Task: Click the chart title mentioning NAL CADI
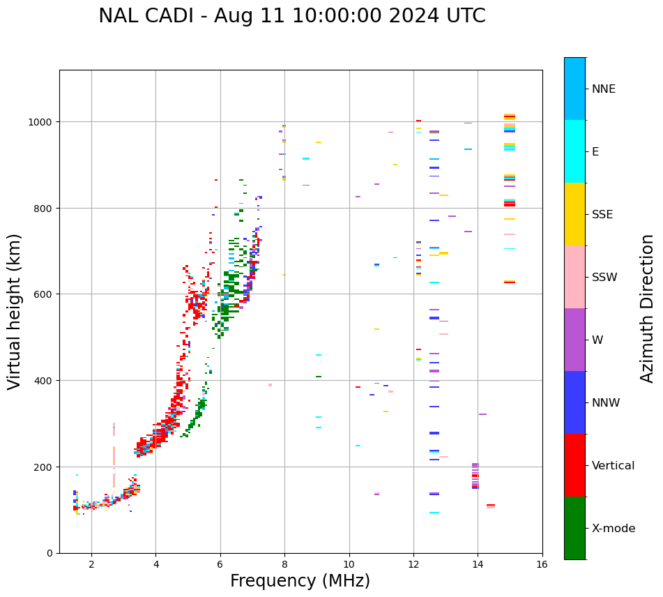coord(291,16)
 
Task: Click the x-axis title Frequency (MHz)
coord(300,581)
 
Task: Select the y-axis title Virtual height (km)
coord(15,311)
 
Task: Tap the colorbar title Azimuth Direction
coord(647,308)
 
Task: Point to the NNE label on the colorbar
coord(604,89)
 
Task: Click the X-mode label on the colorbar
coord(614,529)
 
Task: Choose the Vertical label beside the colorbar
coord(614,466)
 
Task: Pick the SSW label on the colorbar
coord(604,278)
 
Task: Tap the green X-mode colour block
coord(574,528)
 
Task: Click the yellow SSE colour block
coord(574,214)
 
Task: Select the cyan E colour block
coord(574,151)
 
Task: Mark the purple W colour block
coord(574,340)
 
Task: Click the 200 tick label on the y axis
coord(45,467)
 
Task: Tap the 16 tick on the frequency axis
coord(542,564)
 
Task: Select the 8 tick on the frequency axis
coord(284,564)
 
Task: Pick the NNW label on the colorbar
coord(606,403)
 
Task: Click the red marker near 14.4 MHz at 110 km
coord(491,505)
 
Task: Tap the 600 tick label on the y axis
coord(45,294)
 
